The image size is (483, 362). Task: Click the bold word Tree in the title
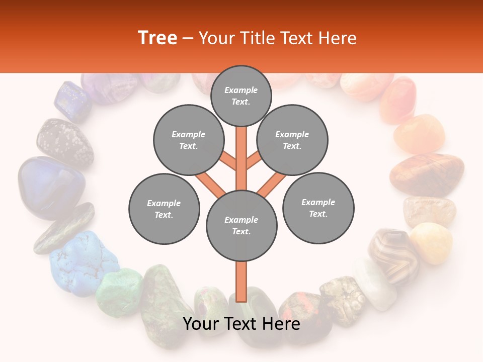[157, 38]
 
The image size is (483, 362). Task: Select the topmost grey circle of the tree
[241, 96]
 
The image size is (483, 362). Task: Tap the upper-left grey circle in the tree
[188, 140]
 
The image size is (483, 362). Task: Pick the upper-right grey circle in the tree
[292, 140]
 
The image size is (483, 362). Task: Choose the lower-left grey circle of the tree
[164, 209]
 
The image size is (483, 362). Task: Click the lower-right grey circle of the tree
[318, 208]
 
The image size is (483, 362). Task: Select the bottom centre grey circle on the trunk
[242, 226]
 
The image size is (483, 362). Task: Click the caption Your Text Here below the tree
[242, 324]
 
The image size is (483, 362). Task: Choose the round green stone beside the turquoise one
[120, 292]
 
